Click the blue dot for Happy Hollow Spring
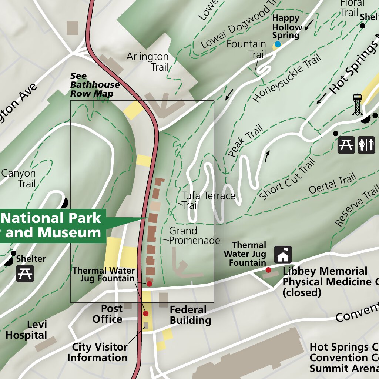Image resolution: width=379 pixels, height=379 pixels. (277, 44)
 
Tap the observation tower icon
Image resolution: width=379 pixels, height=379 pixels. (357, 105)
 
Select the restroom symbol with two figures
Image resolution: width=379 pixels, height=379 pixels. (366, 145)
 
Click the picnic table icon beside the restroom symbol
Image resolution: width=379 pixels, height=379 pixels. (346, 145)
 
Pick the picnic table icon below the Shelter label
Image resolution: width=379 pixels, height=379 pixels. (25, 274)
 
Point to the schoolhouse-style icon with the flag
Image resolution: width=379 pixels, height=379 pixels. (283, 255)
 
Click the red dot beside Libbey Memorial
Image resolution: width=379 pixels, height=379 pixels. (268, 270)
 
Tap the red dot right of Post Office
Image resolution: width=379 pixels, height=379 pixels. (145, 313)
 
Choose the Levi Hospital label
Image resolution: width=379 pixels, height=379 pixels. (27, 330)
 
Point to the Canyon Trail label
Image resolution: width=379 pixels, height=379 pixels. (19, 178)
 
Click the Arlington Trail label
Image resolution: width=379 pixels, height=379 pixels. (148, 62)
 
